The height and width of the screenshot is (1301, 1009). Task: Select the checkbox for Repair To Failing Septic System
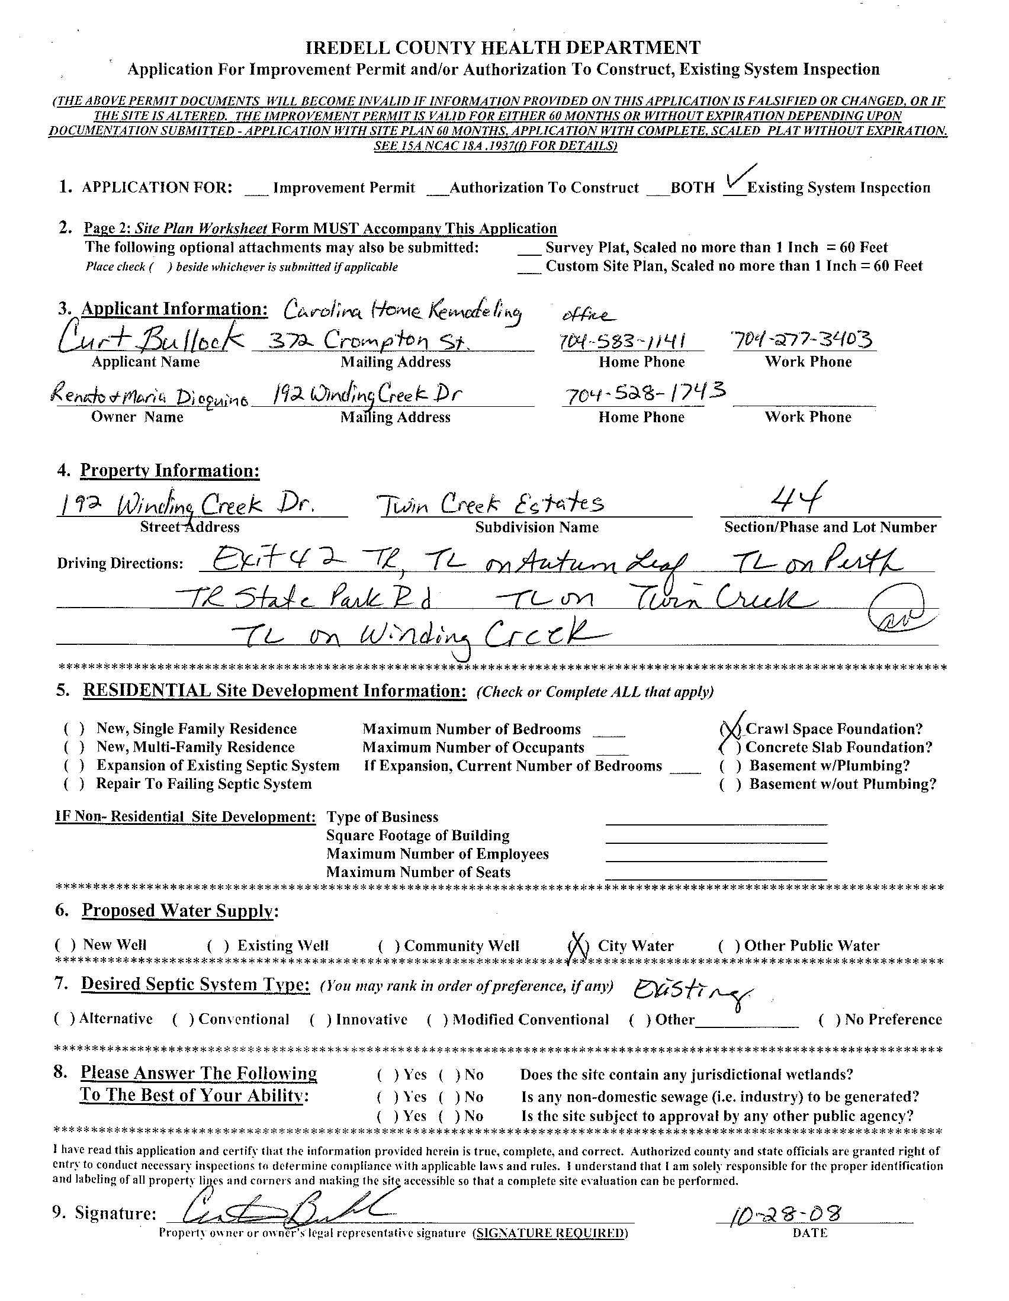(73, 784)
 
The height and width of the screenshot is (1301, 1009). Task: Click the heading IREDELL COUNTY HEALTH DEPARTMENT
(503, 47)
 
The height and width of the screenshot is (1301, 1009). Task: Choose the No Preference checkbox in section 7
(830, 1020)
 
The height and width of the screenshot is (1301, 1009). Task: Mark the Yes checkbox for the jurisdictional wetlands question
(388, 1075)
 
